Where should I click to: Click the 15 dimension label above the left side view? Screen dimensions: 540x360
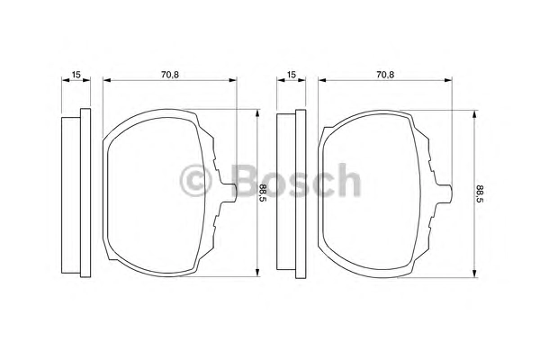coord(76,74)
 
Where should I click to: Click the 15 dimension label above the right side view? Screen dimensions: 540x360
coord(292,74)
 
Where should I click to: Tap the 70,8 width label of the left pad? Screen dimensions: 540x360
coord(170,74)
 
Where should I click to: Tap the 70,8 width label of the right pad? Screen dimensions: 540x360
coord(385,74)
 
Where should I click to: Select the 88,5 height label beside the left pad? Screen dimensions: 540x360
coord(263,193)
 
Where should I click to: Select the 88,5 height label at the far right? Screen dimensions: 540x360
coord(480,193)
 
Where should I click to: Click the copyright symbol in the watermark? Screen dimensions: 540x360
coord(195,181)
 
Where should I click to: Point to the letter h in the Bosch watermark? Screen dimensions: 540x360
coord(347,179)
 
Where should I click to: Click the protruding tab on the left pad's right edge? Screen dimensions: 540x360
coord(229,193)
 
